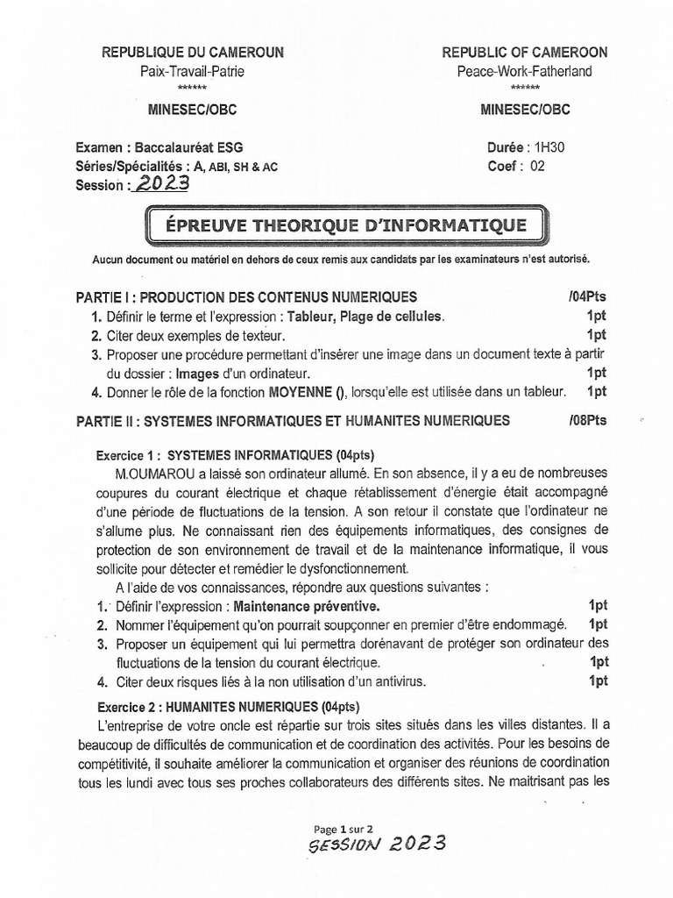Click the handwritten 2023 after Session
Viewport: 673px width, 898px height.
click(159, 182)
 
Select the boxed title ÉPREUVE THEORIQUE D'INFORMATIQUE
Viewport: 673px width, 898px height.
click(346, 226)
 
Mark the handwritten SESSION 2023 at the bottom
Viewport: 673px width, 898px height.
click(379, 845)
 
